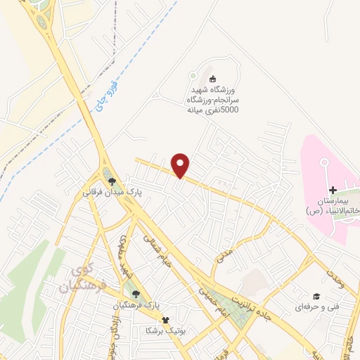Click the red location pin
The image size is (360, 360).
181,165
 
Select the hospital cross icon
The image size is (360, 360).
333,190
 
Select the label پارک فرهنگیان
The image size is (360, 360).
139,307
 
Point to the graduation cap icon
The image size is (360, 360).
316,297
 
